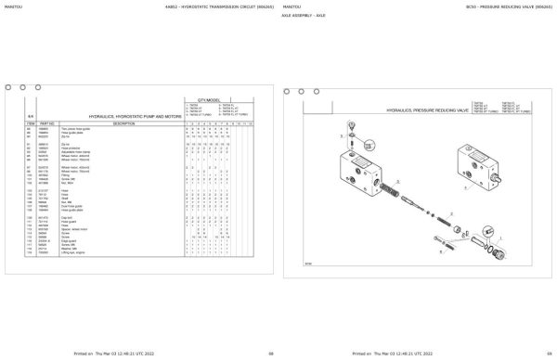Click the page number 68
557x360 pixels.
(270, 354)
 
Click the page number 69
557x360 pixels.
(548, 354)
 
